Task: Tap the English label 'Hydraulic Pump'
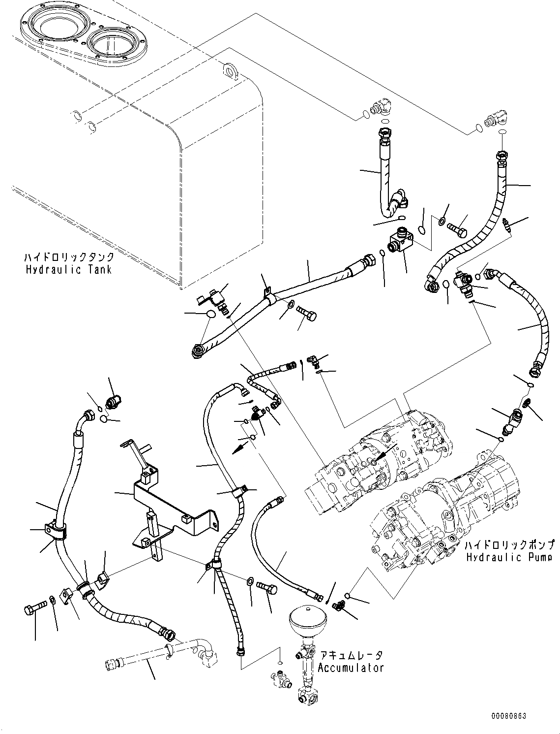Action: pos(509,557)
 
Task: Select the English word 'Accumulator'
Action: pos(350,668)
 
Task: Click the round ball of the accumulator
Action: pos(307,621)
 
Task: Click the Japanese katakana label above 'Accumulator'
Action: pos(351,656)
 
